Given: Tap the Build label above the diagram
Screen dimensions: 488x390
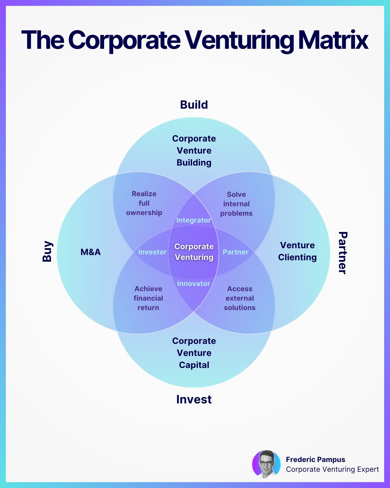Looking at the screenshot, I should (x=194, y=105).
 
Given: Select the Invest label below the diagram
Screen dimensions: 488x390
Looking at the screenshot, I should (x=194, y=400).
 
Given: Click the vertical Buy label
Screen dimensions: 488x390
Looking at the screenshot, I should (x=47, y=251).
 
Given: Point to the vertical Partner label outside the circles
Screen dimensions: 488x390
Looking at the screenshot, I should (x=343, y=253).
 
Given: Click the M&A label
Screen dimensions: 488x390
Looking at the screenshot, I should (x=91, y=252).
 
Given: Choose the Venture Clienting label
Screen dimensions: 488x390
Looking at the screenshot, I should (x=297, y=251).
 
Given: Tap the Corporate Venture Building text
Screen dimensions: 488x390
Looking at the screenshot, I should (x=194, y=151).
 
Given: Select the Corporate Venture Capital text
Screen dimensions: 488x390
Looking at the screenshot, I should (x=194, y=353).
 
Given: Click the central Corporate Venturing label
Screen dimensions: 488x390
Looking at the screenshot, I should (x=194, y=252).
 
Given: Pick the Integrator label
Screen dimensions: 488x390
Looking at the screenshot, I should (x=194, y=220).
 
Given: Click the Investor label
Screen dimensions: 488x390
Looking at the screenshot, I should (x=152, y=252).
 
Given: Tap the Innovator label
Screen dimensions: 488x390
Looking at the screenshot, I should (x=194, y=284).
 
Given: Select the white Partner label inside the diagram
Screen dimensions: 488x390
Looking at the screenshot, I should (x=236, y=252).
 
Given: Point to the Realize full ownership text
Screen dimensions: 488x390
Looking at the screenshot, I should (x=144, y=203).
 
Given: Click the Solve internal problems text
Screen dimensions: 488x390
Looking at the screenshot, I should (x=236, y=204).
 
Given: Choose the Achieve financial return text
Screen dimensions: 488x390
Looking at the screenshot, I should (x=148, y=298).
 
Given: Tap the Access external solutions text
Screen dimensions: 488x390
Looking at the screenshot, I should (x=240, y=298).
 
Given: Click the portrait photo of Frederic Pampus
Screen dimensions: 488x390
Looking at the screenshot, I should (x=266, y=464).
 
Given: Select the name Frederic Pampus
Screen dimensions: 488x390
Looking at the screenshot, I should (x=316, y=460).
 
